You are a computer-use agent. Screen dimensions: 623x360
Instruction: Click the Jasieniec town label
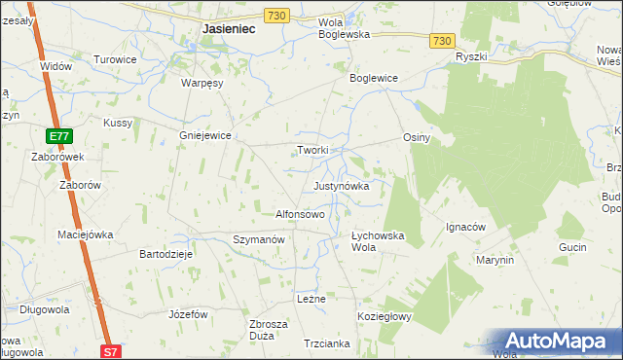point(229,29)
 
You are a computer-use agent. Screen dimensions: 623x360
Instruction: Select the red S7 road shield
point(112,350)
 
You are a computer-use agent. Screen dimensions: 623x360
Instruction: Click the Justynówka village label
point(341,185)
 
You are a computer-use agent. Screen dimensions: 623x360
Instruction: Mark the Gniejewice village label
point(204,136)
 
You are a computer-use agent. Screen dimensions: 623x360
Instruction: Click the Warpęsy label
point(202,83)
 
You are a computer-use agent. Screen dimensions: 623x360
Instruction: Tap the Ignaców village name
point(465,227)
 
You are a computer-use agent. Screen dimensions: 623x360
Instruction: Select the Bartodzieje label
point(167,253)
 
